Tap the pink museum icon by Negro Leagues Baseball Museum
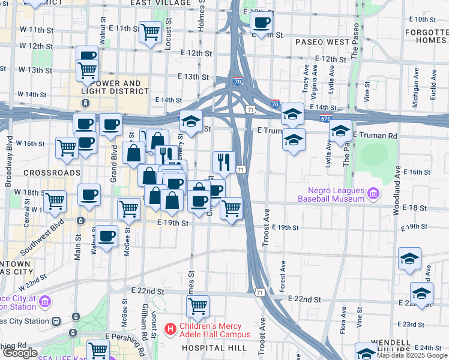(x=373, y=193)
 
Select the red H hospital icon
(x=170, y=329)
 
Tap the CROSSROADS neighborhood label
(x=52, y=172)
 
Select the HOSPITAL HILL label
(x=214, y=348)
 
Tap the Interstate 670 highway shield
(x=326, y=119)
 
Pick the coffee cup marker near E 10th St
(x=261, y=23)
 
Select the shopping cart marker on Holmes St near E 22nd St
(x=197, y=306)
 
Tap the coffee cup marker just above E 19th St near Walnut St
(x=107, y=235)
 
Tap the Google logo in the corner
(x=19, y=353)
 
